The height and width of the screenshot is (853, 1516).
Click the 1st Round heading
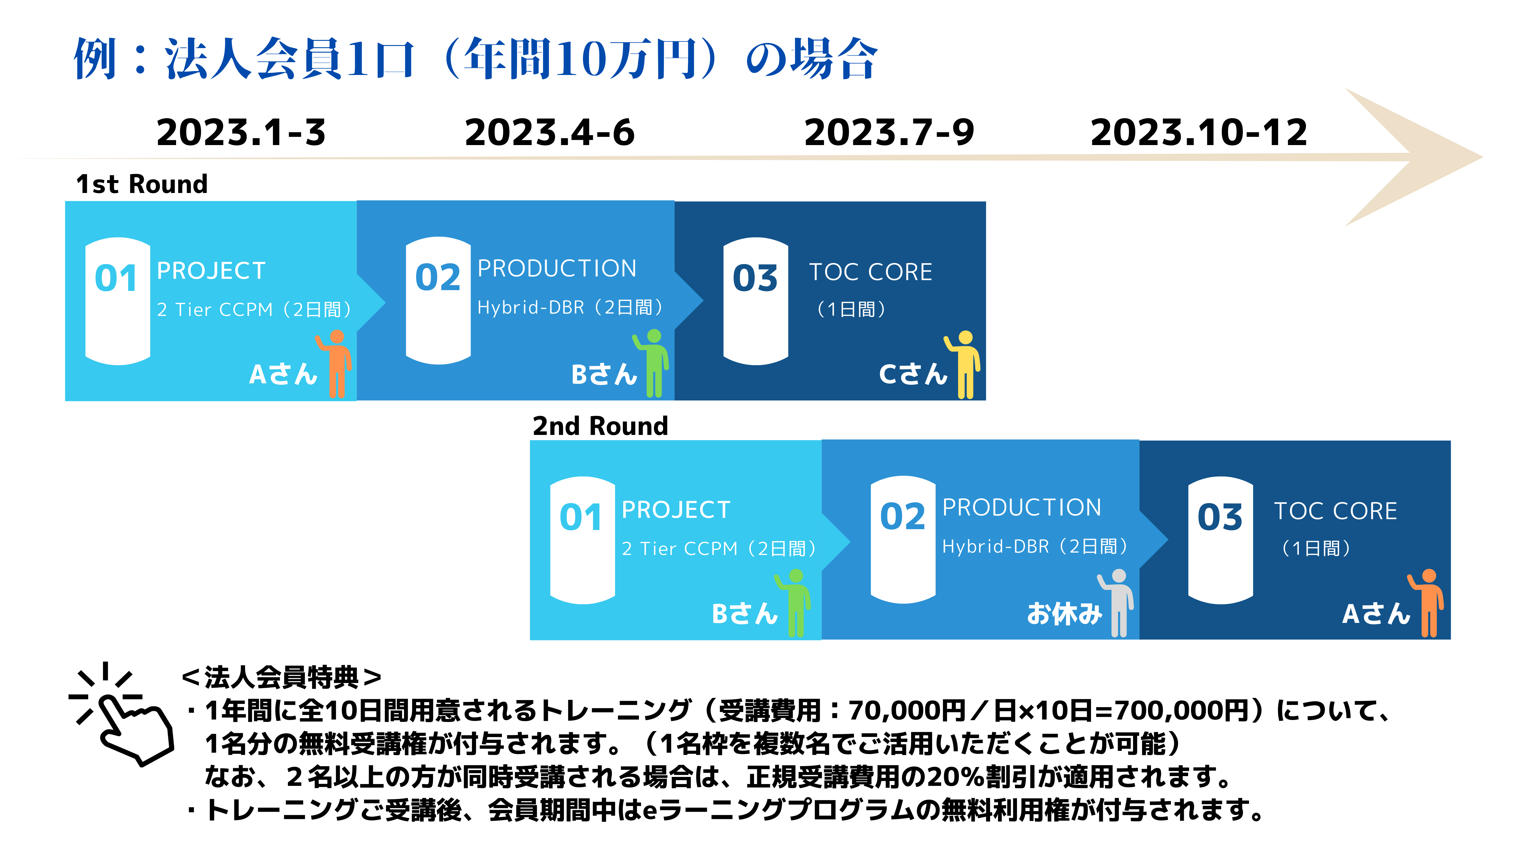(142, 184)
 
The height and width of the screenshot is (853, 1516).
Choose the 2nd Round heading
(600, 426)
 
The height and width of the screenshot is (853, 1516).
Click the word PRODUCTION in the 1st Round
(557, 269)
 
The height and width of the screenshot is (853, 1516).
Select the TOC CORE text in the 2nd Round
(1335, 511)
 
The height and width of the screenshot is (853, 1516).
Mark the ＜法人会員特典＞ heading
(281, 677)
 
